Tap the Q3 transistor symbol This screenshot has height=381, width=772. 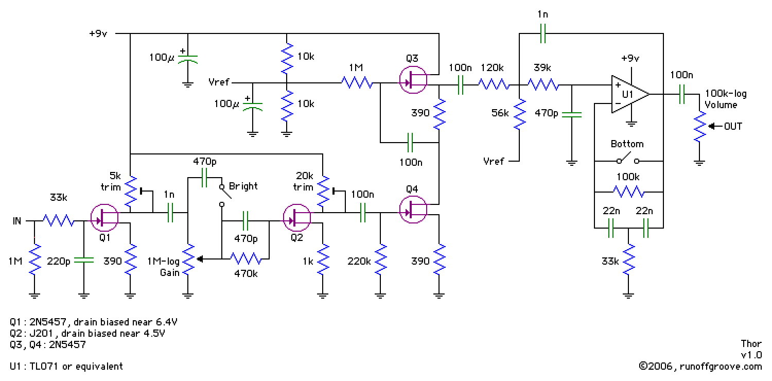coord(413,80)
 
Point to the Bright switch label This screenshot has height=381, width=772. coord(243,186)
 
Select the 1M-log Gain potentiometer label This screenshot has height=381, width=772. coord(164,267)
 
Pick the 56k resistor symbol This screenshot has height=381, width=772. coord(520,114)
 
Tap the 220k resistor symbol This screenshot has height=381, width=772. coord(381,259)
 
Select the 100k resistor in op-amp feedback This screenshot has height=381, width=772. coord(628,192)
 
